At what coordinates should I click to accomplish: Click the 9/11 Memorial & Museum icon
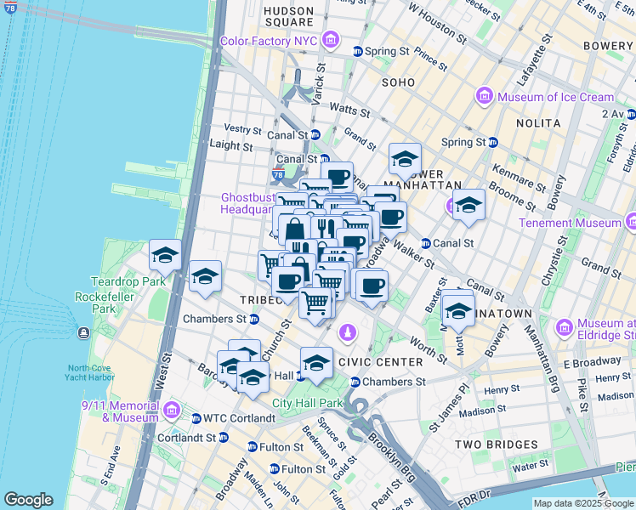tap(171, 411)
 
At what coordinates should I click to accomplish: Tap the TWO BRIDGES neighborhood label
tap(497, 445)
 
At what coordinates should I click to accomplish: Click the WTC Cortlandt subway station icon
tap(196, 418)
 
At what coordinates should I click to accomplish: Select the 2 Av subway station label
tap(613, 114)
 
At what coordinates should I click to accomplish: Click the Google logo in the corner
tap(28, 500)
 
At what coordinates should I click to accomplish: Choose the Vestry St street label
tap(242, 129)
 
